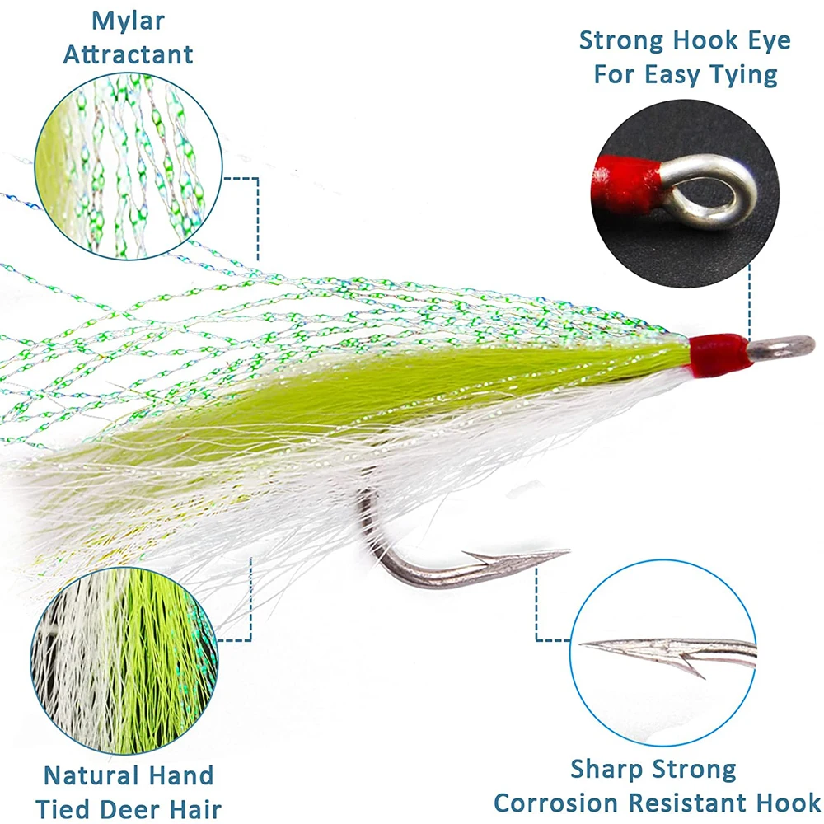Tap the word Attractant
(x=128, y=54)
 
